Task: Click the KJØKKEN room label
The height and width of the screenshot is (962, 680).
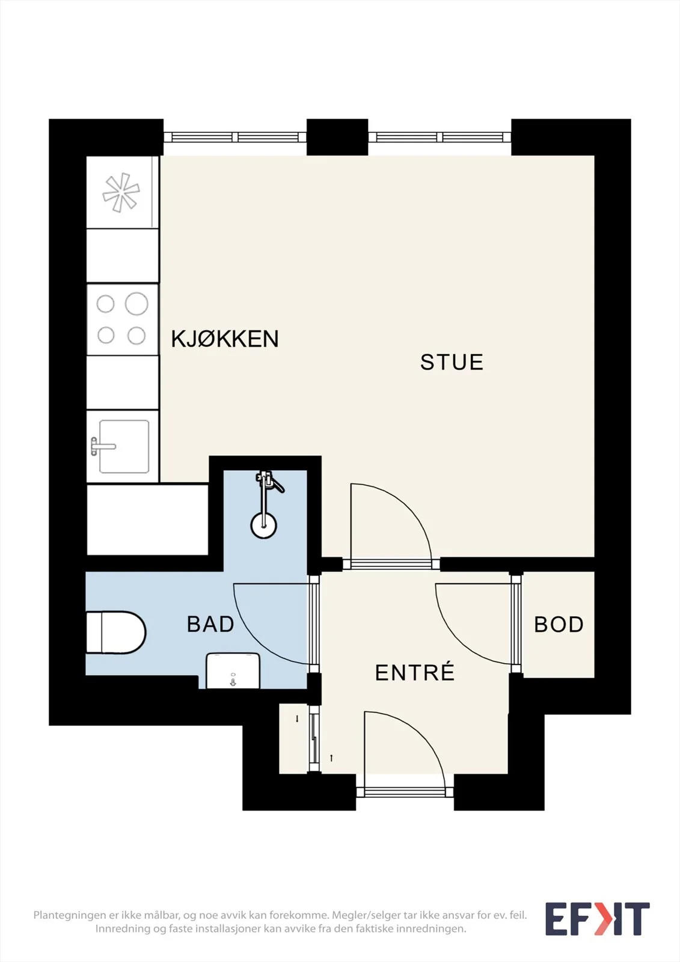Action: point(225,339)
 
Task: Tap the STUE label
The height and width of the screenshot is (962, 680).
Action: point(452,362)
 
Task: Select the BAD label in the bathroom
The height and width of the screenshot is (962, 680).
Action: point(210,624)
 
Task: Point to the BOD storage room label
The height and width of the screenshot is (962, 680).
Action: point(559,625)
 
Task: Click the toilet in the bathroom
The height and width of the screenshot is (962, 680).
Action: point(116,633)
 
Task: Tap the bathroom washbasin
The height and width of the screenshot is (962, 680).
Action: point(233,670)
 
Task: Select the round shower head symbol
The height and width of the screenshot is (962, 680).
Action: point(263,525)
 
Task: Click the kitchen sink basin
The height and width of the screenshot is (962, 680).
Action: point(124,446)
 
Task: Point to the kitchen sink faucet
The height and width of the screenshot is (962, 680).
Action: point(103,446)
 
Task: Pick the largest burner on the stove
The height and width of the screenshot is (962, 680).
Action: point(136,304)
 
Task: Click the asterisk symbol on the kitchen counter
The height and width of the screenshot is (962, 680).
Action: point(121,192)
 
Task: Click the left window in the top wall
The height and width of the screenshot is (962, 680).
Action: point(235,137)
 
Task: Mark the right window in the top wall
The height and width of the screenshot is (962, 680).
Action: point(440,137)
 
